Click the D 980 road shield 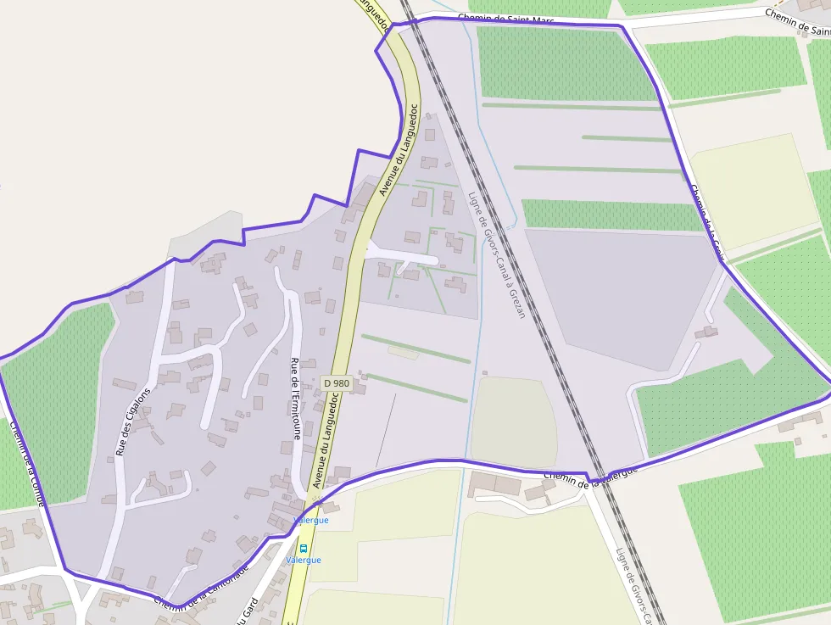[337, 383]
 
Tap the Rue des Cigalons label [133, 421]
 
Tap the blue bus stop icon [303, 549]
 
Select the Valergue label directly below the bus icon [303, 561]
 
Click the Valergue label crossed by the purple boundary [310, 521]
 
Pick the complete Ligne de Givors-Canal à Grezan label [497, 254]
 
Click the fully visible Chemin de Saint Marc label [505, 19]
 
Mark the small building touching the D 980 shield [360, 387]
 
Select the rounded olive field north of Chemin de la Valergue [512, 421]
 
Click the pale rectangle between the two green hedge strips [404, 352]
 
